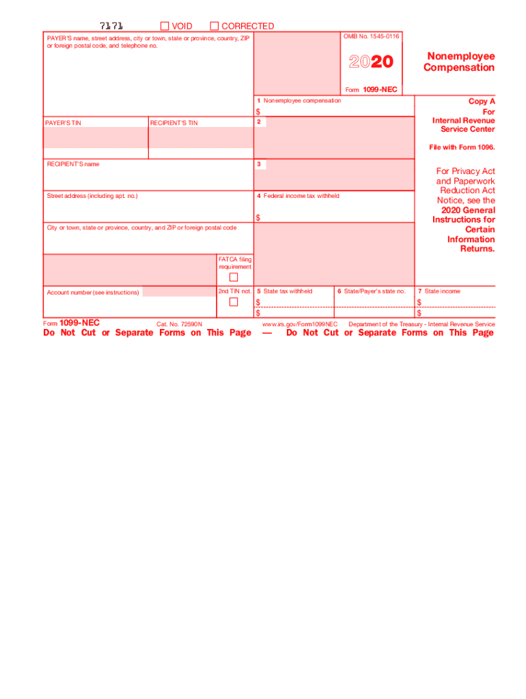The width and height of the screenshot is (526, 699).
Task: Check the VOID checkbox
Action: coord(165,26)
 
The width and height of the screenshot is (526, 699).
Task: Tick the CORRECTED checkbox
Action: coord(214,26)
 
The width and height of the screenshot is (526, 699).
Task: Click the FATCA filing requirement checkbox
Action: coord(234,277)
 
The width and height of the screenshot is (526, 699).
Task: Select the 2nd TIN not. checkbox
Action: coord(234,302)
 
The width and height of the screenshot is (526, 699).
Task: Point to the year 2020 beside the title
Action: coord(371,62)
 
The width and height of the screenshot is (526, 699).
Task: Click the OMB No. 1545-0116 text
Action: coord(372,36)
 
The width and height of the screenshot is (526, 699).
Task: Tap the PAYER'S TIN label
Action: coord(63,123)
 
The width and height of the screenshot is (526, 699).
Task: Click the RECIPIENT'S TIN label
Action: coord(174,123)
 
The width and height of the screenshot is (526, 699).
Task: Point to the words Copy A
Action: coord(482,101)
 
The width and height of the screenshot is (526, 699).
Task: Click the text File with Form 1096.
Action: coord(462,147)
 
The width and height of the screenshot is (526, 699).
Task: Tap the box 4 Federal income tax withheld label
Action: coord(298,196)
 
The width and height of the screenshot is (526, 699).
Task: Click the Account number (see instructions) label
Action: coord(93,292)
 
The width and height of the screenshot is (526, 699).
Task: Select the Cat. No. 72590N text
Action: coord(179,324)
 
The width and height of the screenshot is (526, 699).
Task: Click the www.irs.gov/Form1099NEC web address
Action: coord(300,324)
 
